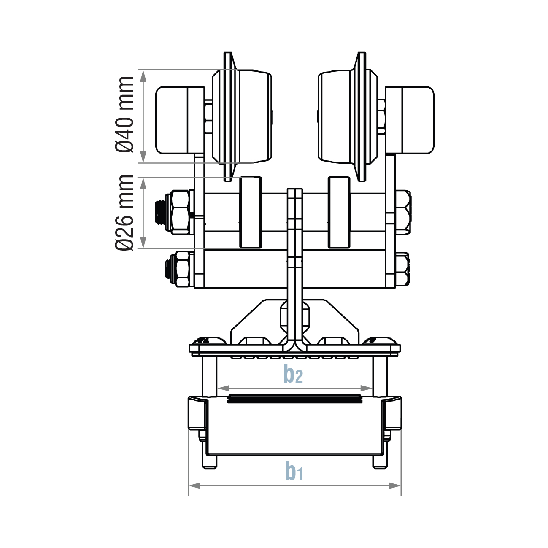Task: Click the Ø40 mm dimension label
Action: click(124, 114)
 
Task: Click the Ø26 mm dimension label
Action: click(124, 213)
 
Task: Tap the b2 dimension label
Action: click(293, 374)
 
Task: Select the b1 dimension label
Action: click(294, 471)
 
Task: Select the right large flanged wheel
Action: click(347, 117)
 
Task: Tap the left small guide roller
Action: click(251, 212)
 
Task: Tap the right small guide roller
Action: click(339, 212)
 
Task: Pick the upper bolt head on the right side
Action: click(403, 212)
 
